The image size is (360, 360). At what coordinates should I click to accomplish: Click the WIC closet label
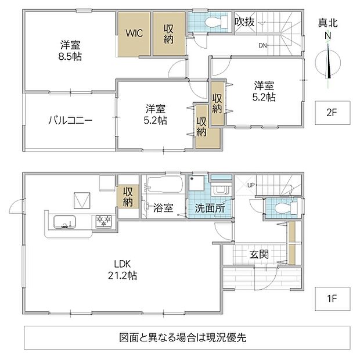click(134, 33)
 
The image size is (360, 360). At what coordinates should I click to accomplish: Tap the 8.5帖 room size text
click(70, 56)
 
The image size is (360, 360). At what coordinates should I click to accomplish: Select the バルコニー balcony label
click(70, 120)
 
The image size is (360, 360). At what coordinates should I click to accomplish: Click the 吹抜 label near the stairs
click(244, 22)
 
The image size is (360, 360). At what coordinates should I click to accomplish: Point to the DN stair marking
click(263, 45)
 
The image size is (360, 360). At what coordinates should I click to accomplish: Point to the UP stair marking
click(251, 185)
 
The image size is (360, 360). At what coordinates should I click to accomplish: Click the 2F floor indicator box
click(333, 113)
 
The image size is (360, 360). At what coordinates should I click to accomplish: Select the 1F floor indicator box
click(333, 298)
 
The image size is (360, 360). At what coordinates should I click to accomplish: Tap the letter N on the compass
click(328, 36)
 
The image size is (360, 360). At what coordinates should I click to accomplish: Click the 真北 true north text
click(328, 23)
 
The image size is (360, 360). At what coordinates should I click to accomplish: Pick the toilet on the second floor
click(216, 22)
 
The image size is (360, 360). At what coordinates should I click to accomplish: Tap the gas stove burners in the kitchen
click(104, 221)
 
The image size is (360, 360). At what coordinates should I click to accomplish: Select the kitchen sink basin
click(64, 222)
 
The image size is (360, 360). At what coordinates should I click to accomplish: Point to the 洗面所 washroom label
click(210, 208)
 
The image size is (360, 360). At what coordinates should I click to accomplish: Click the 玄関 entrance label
click(259, 254)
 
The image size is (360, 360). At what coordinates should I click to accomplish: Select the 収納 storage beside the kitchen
click(128, 196)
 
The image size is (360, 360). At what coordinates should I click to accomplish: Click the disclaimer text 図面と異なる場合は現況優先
click(183, 337)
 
